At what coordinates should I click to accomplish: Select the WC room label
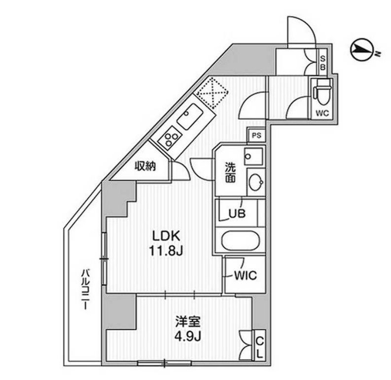(x=322, y=113)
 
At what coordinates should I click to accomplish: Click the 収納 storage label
(x=146, y=166)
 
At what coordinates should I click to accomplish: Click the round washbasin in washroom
(x=255, y=182)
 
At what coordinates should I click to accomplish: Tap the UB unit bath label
(x=236, y=214)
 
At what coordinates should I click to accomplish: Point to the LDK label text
(x=168, y=235)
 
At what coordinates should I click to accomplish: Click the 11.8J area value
(x=168, y=251)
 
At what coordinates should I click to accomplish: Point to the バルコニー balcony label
(x=85, y=288)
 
